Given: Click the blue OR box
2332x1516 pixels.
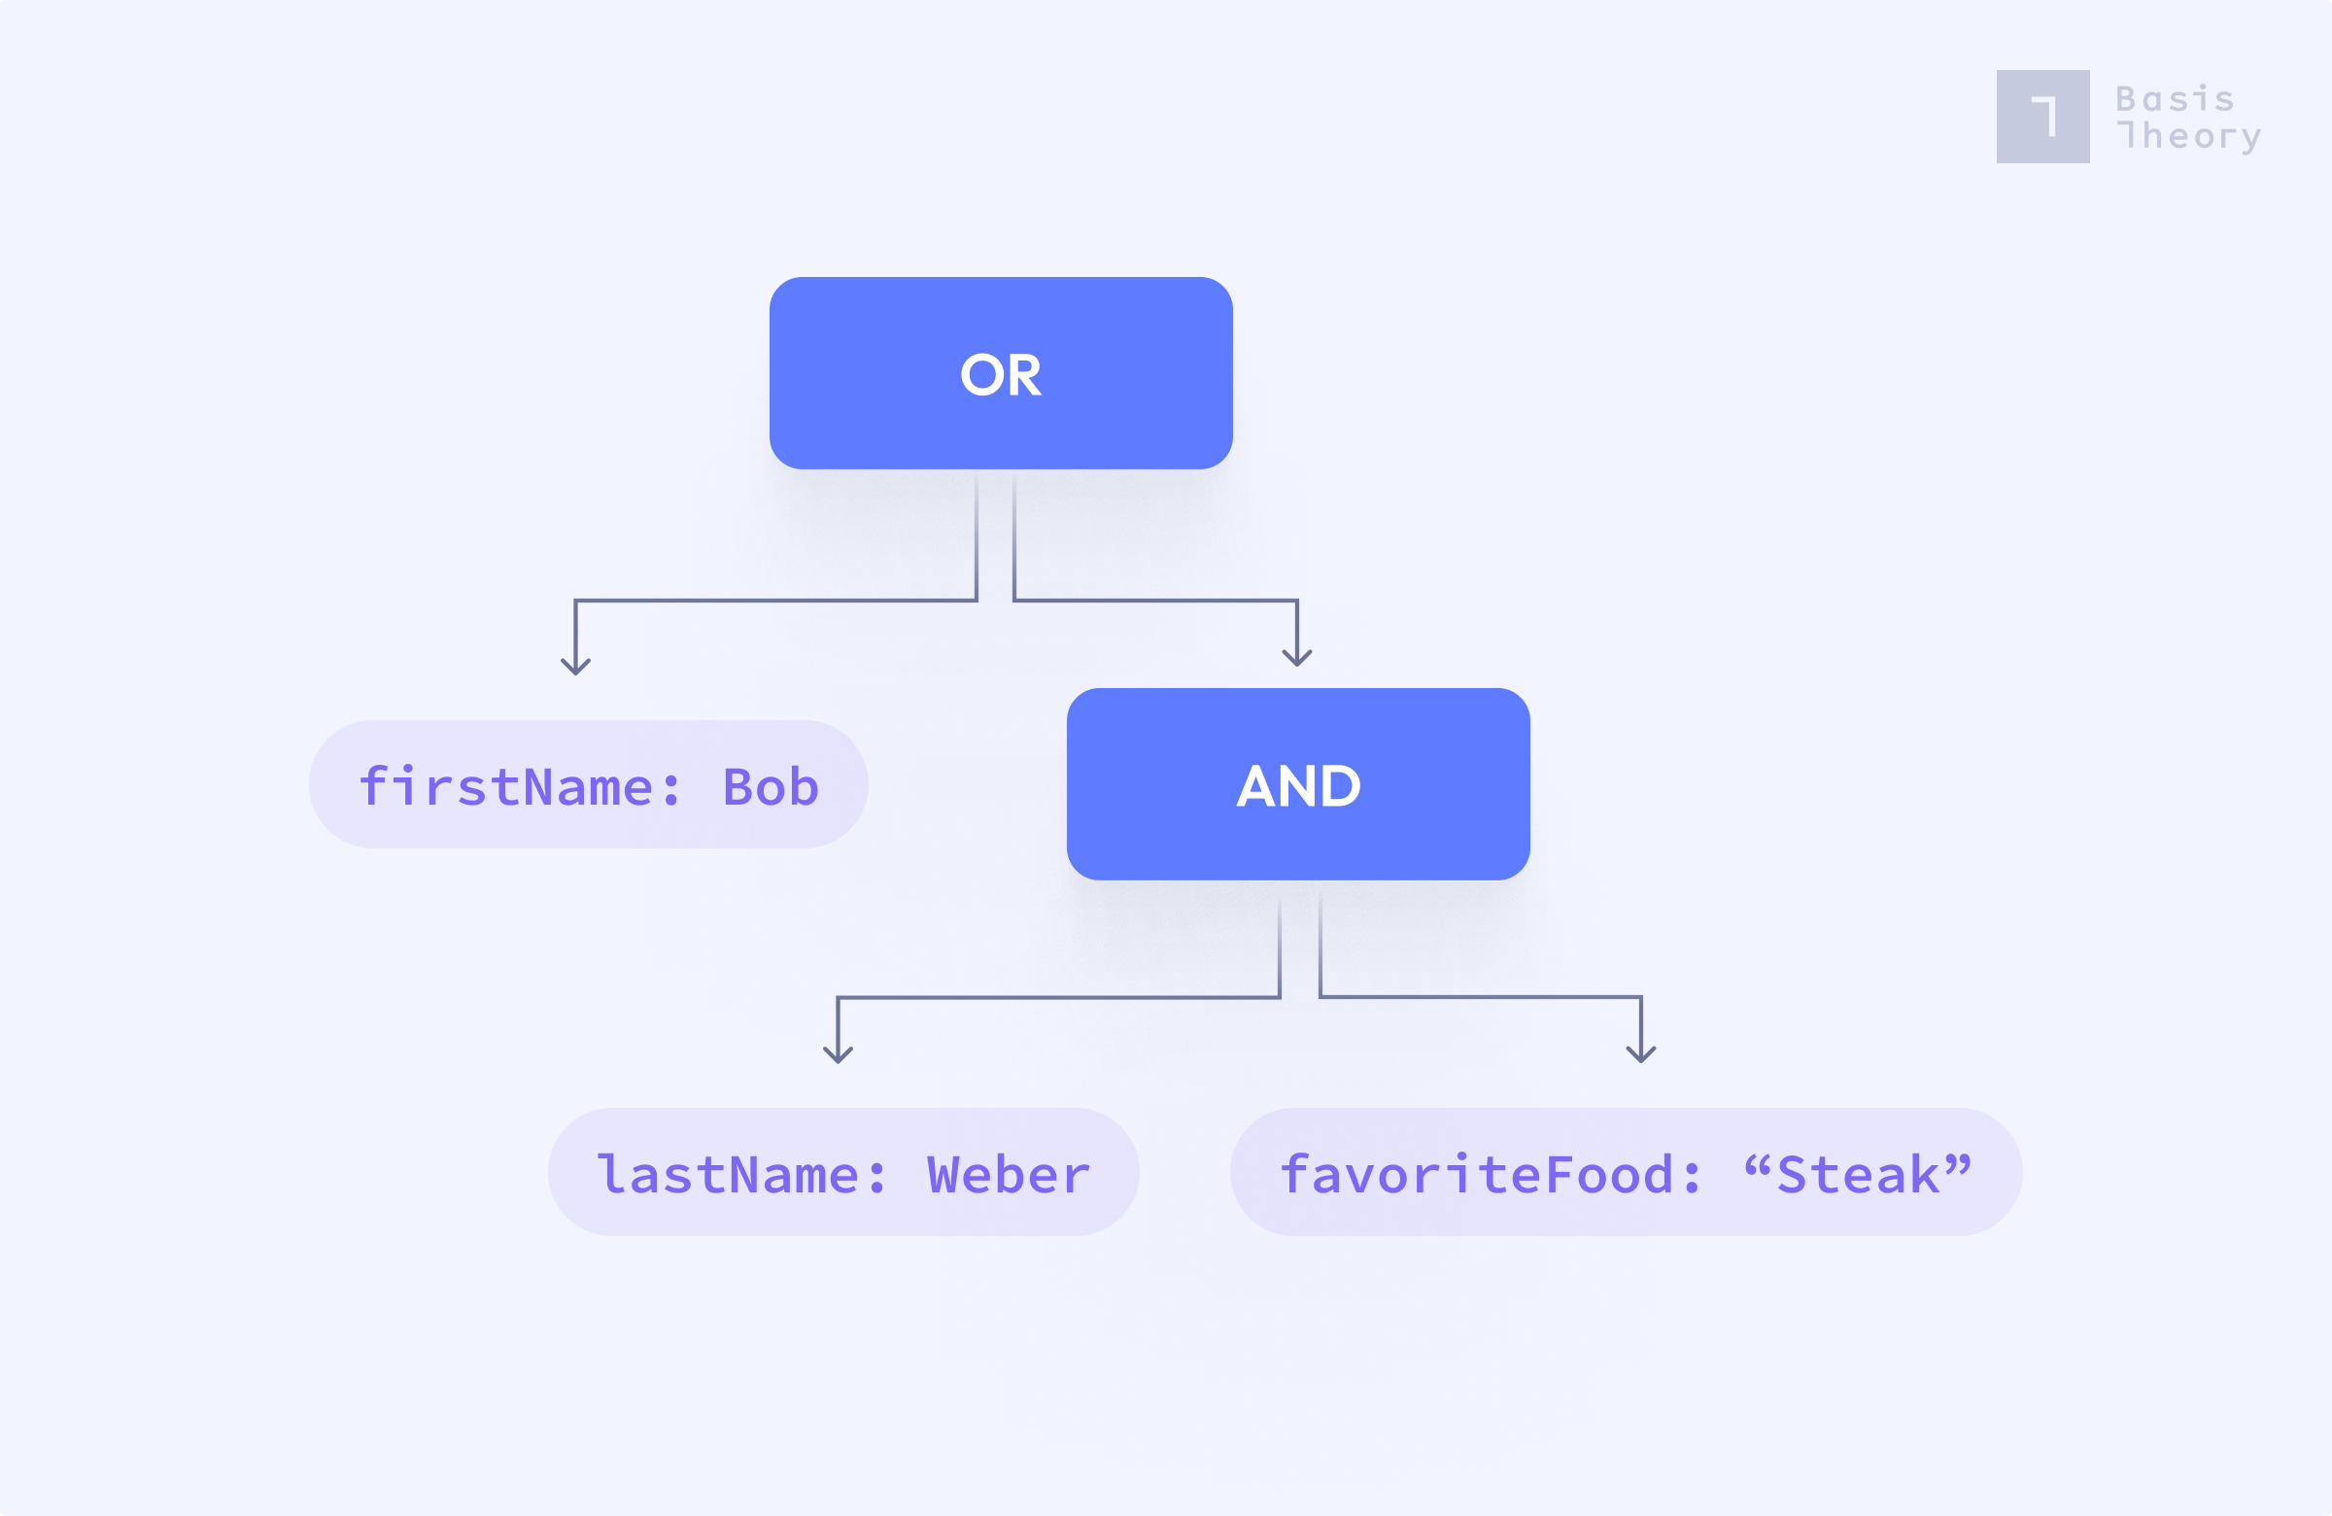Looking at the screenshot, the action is pyautogui.click(x=1001, y=373).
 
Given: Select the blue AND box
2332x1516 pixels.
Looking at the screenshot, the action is pyautogui.click(x=1298, y=784).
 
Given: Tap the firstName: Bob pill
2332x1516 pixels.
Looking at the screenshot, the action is pyautogui.click(x=588, y=784).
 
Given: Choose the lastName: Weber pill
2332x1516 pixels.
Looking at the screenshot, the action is pyautogui.click(x=842, y=1172).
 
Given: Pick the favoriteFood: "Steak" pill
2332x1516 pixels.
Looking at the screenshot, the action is pyautogui.click(x=1627, y=1172).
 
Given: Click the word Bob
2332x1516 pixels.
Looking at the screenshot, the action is pyautogui.click(x=772, y=787).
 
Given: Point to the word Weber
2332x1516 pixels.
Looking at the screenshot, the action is pyautogui.click(x=1009, y=1175).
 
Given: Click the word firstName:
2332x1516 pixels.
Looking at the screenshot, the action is pyautogui.click(x=519, y=787).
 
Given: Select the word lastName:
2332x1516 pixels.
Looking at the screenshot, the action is pyautogui.click(x=741, y=1175).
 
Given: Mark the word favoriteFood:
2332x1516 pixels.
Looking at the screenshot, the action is pyautogui.click(x=1490, y=1175).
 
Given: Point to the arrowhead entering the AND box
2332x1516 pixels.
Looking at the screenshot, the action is pyautogui.click(x=1297, y=658).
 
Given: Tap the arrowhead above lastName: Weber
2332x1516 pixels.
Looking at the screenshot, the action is pyautogui.click(x=838, y=1054).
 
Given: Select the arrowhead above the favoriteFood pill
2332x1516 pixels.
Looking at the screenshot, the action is pyautogui.click(x=1641, y=1053).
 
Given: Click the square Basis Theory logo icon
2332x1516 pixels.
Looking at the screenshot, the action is pyautogui.click(x=2043, y=117).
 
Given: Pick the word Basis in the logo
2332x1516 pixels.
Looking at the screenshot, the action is pyautogui.click(x=2176, y=99).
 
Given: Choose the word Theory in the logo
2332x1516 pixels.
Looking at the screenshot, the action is pyautogui.click(x=2189, y=136).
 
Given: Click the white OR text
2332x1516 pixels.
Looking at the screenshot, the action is pyautogui.click(x=1001, y=375).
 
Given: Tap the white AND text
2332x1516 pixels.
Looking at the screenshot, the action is pyautogui.click(x=1298, y=786).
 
